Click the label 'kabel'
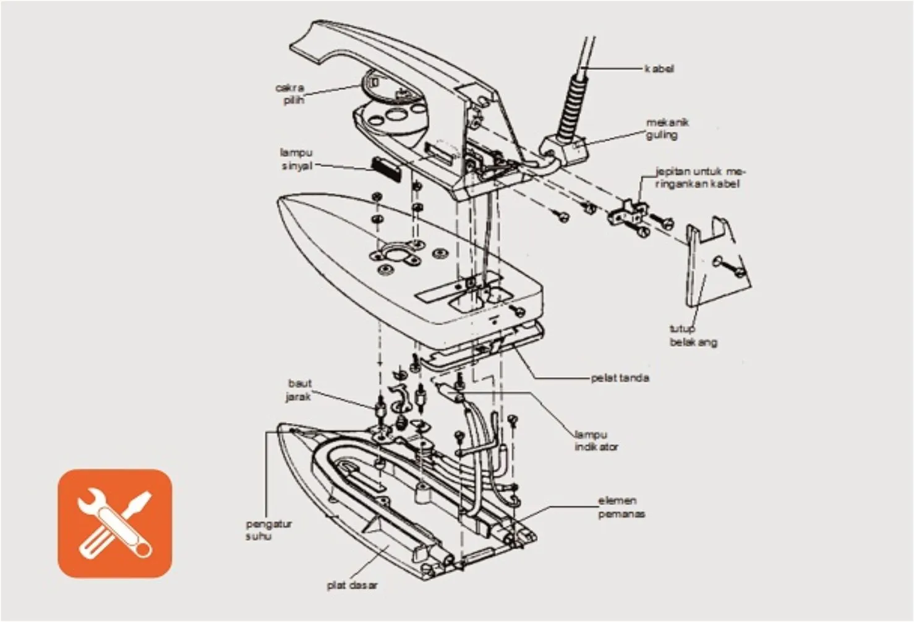659,69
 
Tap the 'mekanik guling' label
667,129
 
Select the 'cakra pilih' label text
289,93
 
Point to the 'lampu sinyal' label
297,159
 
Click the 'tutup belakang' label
693,335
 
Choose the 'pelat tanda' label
620,378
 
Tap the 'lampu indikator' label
596,440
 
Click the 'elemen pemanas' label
620,507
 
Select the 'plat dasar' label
352,585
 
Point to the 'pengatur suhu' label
268,530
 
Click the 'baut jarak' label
299,390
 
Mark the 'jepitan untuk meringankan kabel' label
700,177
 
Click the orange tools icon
115,523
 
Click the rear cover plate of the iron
711,266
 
